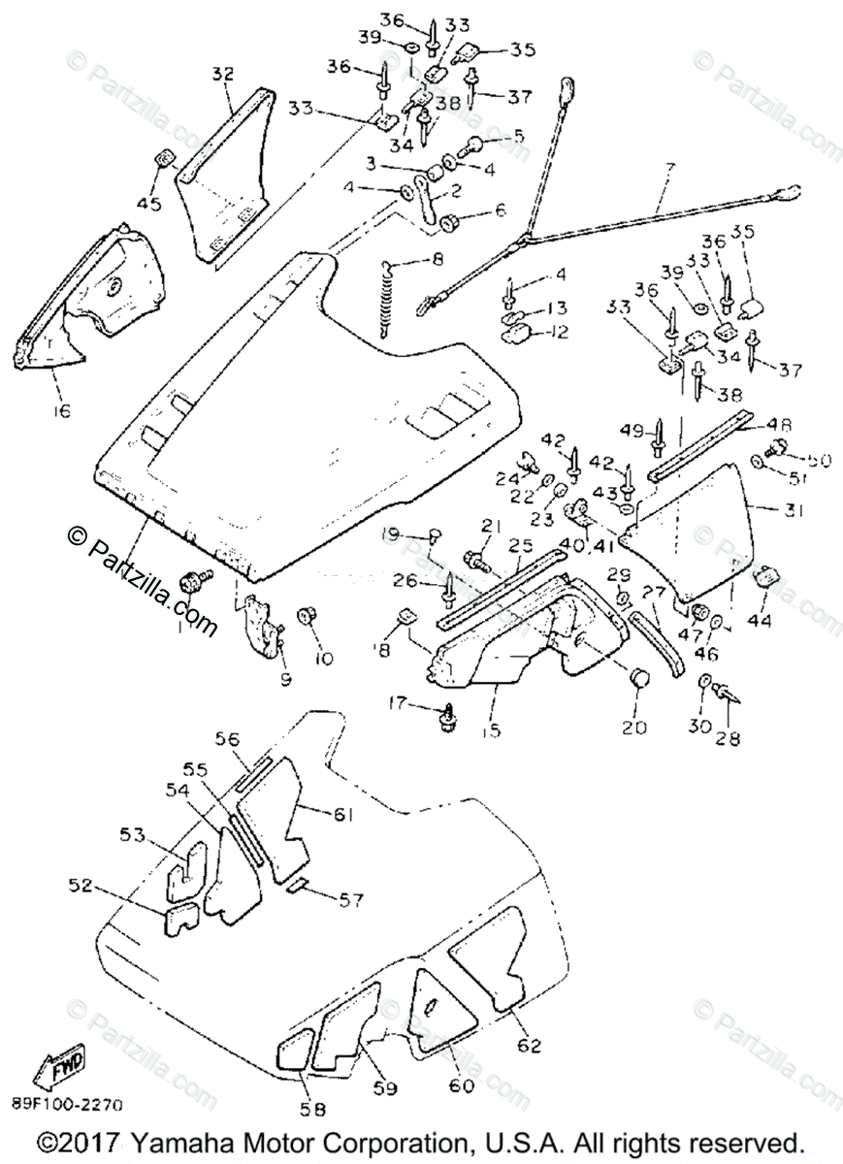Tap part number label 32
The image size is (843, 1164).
point(223,73)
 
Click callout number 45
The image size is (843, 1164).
point(149,203)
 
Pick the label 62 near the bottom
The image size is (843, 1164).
point(528,1019)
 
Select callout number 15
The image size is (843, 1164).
point(491,730)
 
